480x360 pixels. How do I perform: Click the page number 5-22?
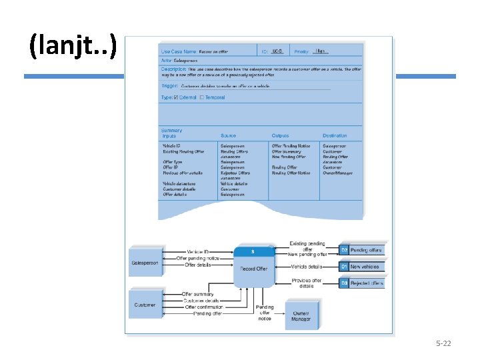point(443,343)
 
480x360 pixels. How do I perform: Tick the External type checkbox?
point(176,97)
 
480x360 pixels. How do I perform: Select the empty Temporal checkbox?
point(202,97)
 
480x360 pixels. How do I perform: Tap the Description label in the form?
point(173,69)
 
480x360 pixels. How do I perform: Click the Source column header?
point(229,136)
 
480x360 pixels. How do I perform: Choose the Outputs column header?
point(281,136)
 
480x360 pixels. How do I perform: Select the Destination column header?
point(335,136)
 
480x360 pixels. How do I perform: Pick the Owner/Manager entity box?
point(301,316)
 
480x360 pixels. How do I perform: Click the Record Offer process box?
point(254,268)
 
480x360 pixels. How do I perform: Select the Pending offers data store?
point(362,250)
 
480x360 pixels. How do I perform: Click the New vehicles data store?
point(362,267)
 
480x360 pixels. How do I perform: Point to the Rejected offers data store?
point(362,283)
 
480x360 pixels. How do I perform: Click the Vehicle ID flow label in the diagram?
point(198,252)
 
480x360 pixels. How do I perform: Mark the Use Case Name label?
point(179,51)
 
